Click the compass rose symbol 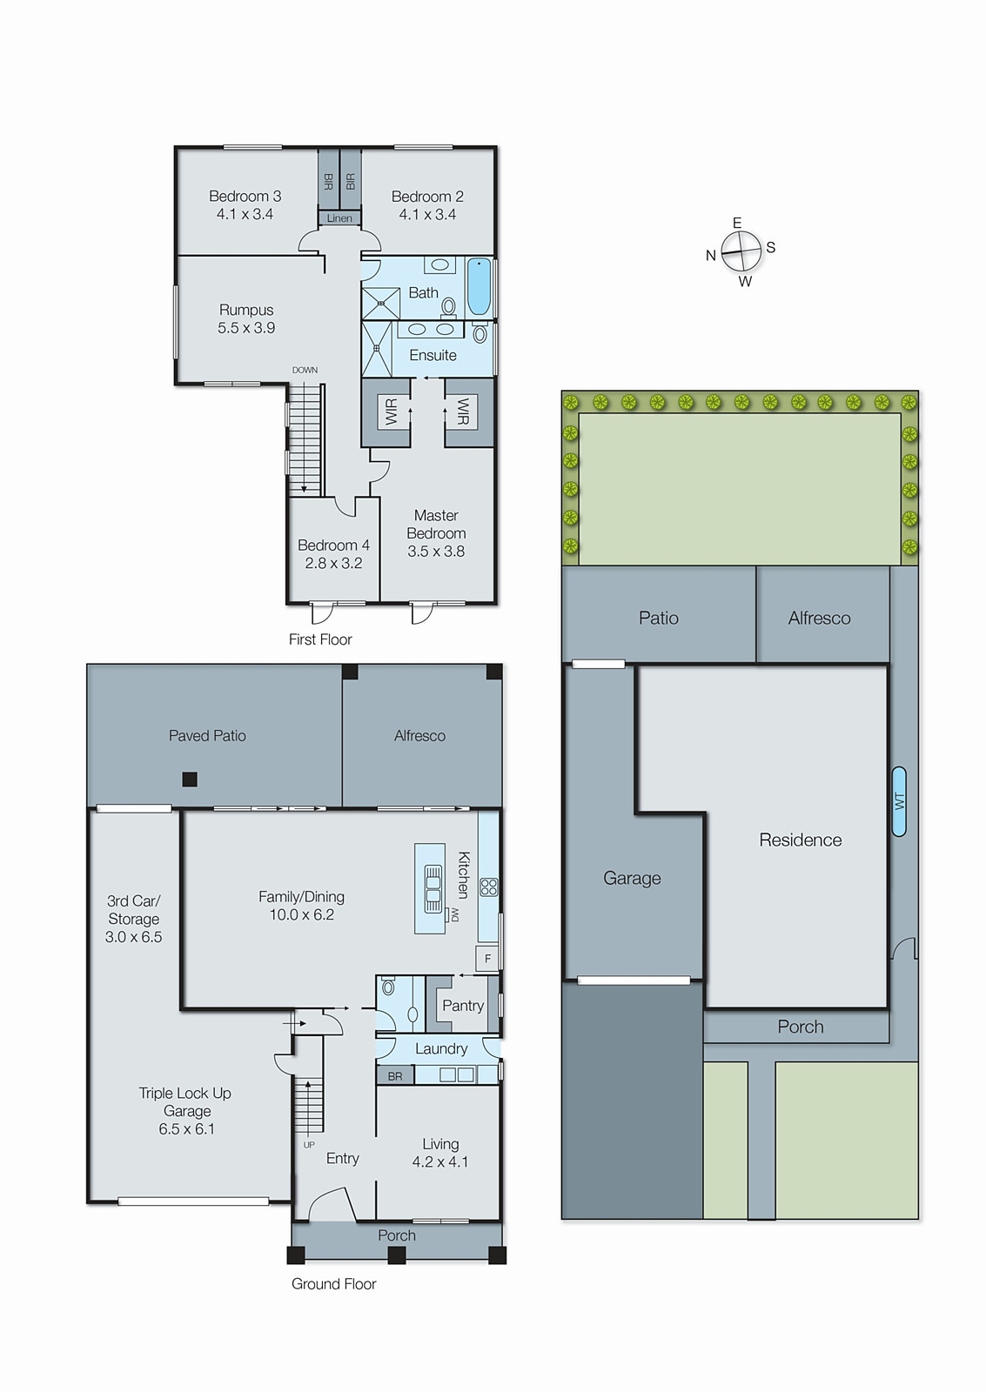coord(741,252)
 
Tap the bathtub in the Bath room coord(480,286)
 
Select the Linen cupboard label coord(339,218)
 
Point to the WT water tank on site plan coord(899,801)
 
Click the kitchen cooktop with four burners coord(489,887)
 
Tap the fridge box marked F coord(487,959)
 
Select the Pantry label coord(462,1006)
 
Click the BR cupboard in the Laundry coord(395,1076)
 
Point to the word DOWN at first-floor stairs coord(305,370)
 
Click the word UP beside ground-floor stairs coord(309,1145)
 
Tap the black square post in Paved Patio coord(190,780)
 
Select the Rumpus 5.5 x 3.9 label coord(246,318)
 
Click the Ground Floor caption coord(333,1284)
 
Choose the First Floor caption coord(320,639)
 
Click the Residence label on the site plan coord(800,840)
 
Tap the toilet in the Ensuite coord(480,333)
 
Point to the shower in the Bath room coord(380,303)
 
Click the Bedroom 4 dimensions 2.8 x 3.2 coord(333,563)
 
